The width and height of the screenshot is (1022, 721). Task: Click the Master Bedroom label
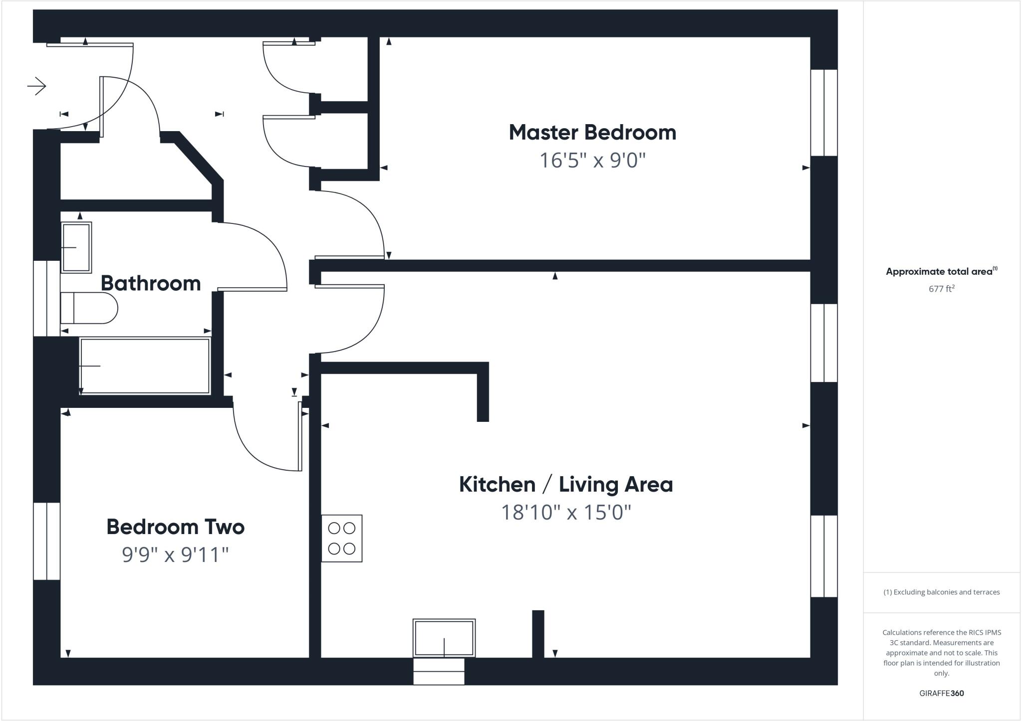[x=592, y=133]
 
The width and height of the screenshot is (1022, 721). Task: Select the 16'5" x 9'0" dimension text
[x=592, y=161]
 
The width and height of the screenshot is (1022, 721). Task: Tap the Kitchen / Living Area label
[x=565, y=485]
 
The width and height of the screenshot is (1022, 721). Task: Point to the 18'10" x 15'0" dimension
[x=565, y=513]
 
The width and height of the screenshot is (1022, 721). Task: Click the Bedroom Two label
[x=175, y=527]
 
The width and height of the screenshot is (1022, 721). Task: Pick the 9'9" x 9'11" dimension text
[x=175, y=554]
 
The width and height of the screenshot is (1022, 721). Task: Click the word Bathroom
[x=151, y=283]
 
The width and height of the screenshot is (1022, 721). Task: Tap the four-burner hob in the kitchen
[x=342, y=539]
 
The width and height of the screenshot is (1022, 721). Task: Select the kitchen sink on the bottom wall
[x=444, y=638]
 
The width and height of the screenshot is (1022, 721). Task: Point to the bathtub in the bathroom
[x=145, y=366]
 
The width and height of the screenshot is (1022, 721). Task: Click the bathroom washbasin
[x=76, y=247]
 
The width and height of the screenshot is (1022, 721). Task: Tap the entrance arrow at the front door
[x=37, y=86]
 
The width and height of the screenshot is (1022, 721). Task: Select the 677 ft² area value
[x=941, y=289]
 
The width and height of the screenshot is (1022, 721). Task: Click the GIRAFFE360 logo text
[x=941, y=693]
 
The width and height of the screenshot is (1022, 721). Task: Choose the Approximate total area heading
[x=941, y=272]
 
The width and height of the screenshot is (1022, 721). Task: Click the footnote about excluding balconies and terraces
[x=941, y=592]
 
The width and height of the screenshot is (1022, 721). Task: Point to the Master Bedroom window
[x=823, y=113]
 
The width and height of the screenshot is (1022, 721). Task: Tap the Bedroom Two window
[x=47, y=541]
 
